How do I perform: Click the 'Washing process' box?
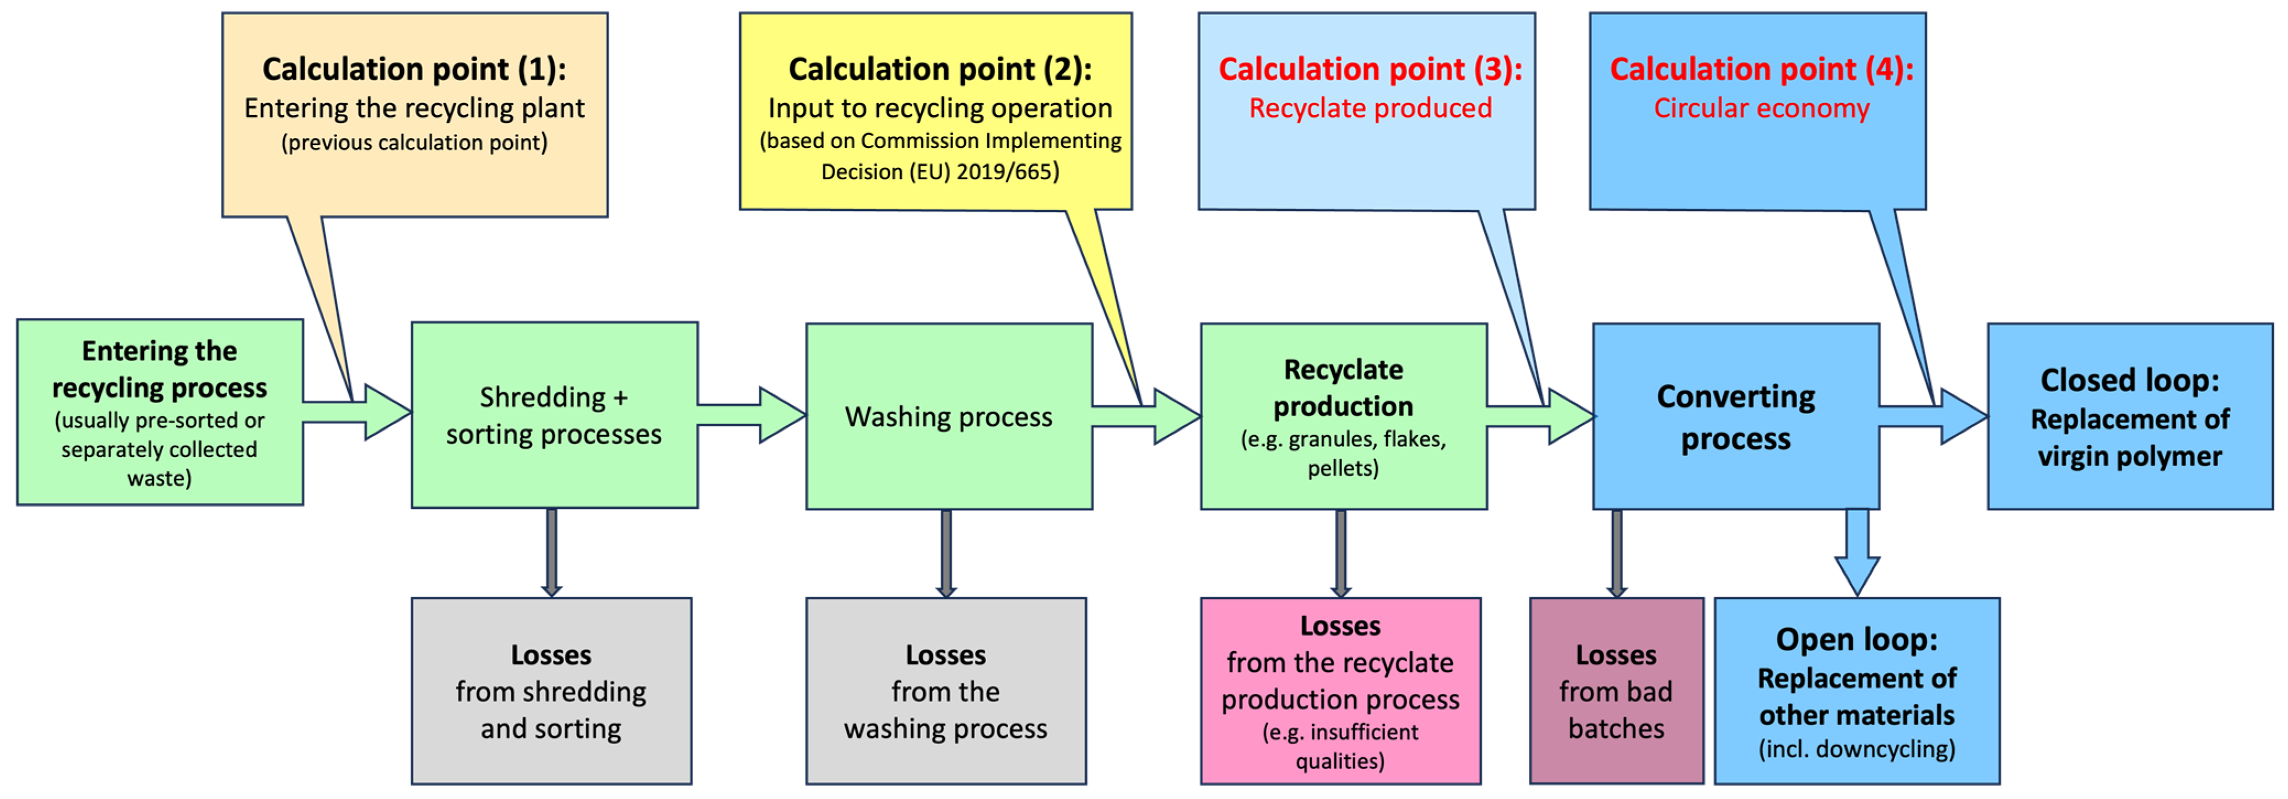pos(949,416)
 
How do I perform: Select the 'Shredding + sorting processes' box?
pos(554,415)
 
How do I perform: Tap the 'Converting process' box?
pos(1735,416)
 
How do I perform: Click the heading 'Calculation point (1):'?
pos(414,69)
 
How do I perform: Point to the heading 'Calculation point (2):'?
pos(940,69)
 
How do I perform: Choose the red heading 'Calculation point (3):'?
pos(1370,69)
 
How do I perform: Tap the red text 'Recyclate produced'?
pos(1370,108)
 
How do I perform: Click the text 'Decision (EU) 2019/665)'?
pos(940,171)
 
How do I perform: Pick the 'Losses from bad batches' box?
pos(1616,691)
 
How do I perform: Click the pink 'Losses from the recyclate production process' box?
pos(1340,691)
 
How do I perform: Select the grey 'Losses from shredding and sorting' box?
pos(551,691)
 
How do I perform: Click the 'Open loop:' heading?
pos(1856,639)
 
